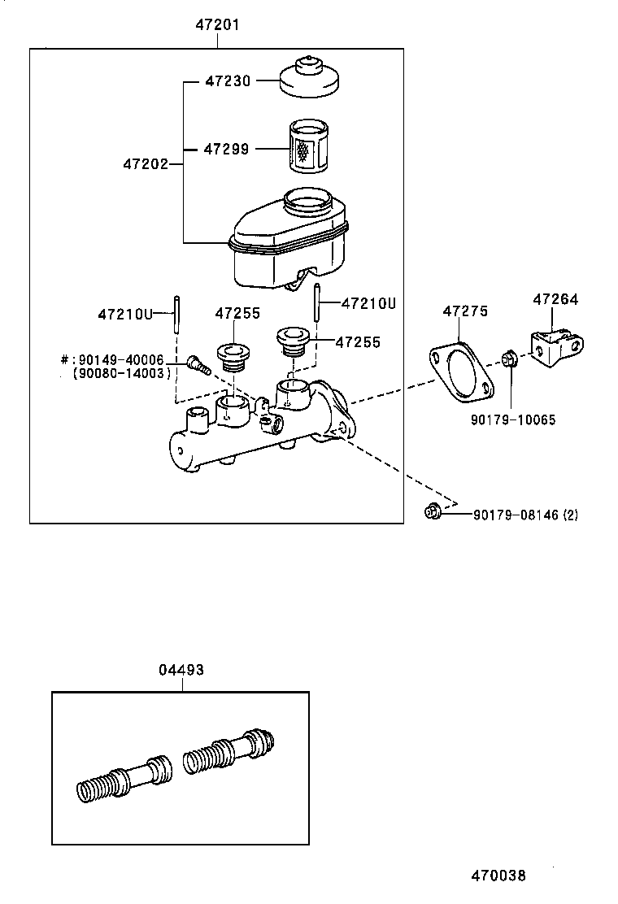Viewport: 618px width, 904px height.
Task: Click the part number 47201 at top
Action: [217, 25]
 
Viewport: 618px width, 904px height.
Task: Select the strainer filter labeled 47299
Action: [307, 147]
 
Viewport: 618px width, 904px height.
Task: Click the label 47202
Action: [146, 164]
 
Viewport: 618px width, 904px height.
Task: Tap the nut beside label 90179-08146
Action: [432, 512]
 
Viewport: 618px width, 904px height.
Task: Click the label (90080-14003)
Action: [122, 373]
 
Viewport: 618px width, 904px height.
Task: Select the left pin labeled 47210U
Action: [175, 313]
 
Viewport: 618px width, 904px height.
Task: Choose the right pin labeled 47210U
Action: [319, 303]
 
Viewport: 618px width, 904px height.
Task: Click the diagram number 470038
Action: [498, 876]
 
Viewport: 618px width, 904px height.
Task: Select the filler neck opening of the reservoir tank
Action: [307, 199]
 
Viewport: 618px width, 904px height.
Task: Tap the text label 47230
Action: [228, 81]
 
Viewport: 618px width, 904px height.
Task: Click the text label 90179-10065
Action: [513, 419]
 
